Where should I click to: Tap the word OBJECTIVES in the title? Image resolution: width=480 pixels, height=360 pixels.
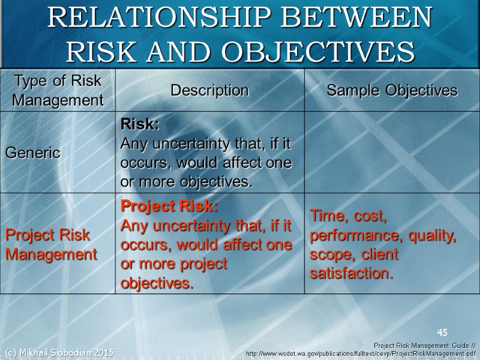(318, 52)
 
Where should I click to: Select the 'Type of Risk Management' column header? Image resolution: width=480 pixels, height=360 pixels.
(58, 91)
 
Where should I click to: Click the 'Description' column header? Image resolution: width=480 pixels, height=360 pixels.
(209, 91)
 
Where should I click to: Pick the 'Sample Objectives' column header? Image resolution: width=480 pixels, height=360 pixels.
(392, 91)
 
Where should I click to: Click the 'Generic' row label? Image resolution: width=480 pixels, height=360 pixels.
(33, 152)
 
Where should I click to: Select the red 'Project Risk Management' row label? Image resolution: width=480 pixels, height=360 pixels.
(51, 244)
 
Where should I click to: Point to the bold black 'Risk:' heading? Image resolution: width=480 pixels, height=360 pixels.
(140, 125)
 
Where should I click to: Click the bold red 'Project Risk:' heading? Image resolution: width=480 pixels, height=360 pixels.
(169, 206)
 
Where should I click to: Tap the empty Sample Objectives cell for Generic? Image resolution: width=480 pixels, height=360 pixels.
(392, 152)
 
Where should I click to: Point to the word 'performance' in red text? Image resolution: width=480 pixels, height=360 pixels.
(350, 236)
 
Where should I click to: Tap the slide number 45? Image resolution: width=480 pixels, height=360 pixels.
(442, 332)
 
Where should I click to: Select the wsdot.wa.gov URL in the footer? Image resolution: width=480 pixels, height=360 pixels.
(362, 355)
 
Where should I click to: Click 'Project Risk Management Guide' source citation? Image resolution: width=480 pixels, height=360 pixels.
(420, 346)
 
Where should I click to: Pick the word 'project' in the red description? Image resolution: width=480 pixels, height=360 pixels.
(203, 264)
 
